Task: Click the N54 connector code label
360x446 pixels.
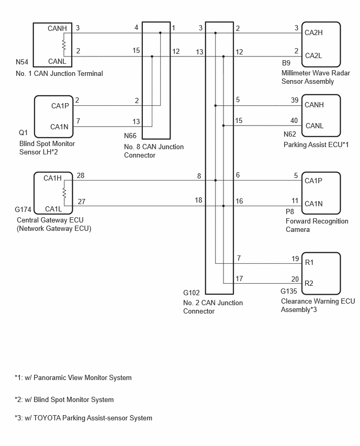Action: point(22,62)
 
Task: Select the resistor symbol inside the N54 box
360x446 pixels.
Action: point(64,45)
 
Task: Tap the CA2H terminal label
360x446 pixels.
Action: point(313,32)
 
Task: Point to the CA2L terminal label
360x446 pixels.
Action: point(313,55)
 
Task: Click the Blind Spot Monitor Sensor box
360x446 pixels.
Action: point(54,117)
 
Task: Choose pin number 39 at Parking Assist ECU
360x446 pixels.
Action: point(295,100)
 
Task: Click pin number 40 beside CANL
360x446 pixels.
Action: point(294,120)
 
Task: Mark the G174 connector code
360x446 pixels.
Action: point(23,209)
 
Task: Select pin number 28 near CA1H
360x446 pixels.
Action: point(81,175)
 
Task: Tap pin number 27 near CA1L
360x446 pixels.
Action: point(81,202)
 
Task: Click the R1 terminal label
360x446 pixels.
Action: point(309,262)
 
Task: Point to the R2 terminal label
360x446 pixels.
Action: point(309,283)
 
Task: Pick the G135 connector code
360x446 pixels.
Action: point(289,291)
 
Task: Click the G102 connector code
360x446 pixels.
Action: point(192,293)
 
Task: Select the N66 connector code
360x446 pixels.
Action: point(130,136)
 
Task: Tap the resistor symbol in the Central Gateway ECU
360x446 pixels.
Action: point(64,193)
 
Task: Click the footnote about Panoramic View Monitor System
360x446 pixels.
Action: point(73,378)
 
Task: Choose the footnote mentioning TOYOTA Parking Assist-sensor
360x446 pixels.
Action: point(83,418)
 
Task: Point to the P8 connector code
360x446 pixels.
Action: point(290,212)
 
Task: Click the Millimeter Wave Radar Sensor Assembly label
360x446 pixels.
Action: point(316,77)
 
